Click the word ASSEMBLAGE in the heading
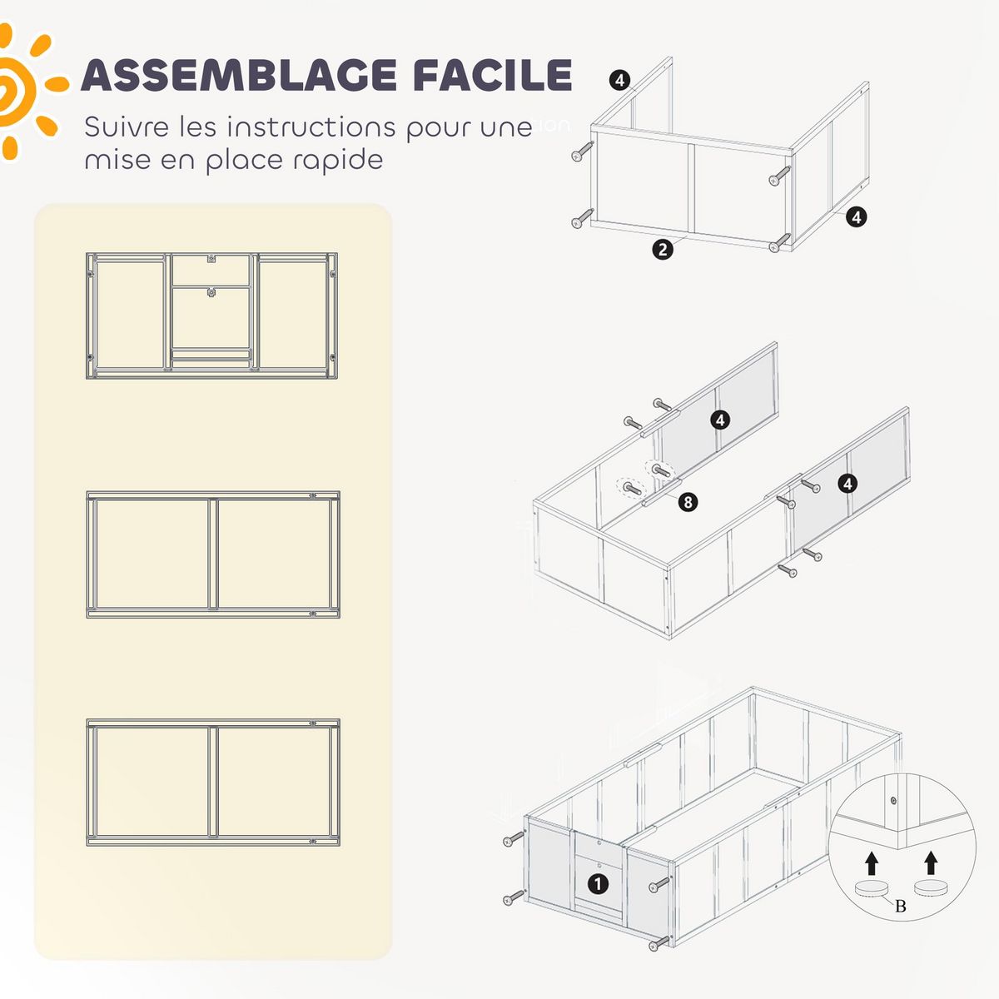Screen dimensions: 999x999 pyautogui.click(x=238, y=76)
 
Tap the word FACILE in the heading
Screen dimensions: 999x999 pyautogui.click(x=492, y=76)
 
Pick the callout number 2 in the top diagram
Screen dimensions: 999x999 pyautogui.click(x=663, y=249)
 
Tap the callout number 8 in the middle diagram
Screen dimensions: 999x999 pyautogui.click(x=688, y=502)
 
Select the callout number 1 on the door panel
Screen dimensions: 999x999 pyautogui.click(x=598, y=884)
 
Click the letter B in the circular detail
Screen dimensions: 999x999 pyautogui.click(x=900, y=906)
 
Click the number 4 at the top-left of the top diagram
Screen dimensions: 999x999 pyautogui.click(x=619, y=80)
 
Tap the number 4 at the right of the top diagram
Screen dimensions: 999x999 pyautogui.click(x=856, y=217)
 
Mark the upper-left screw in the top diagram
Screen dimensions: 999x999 pyautogui.click(x=583, y=152)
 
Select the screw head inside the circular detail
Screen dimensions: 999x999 pyautogui.click(x=893, y=801)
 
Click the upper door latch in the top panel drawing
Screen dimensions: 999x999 pyautogui.click(x=211, y=259)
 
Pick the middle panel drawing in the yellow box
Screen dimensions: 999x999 pyautogui.click(x=213, y=554)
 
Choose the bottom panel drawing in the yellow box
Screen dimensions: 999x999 pyautogui.click(x=213, y=782)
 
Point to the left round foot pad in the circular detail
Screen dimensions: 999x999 pyautogui.click(x=871, y=890)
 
